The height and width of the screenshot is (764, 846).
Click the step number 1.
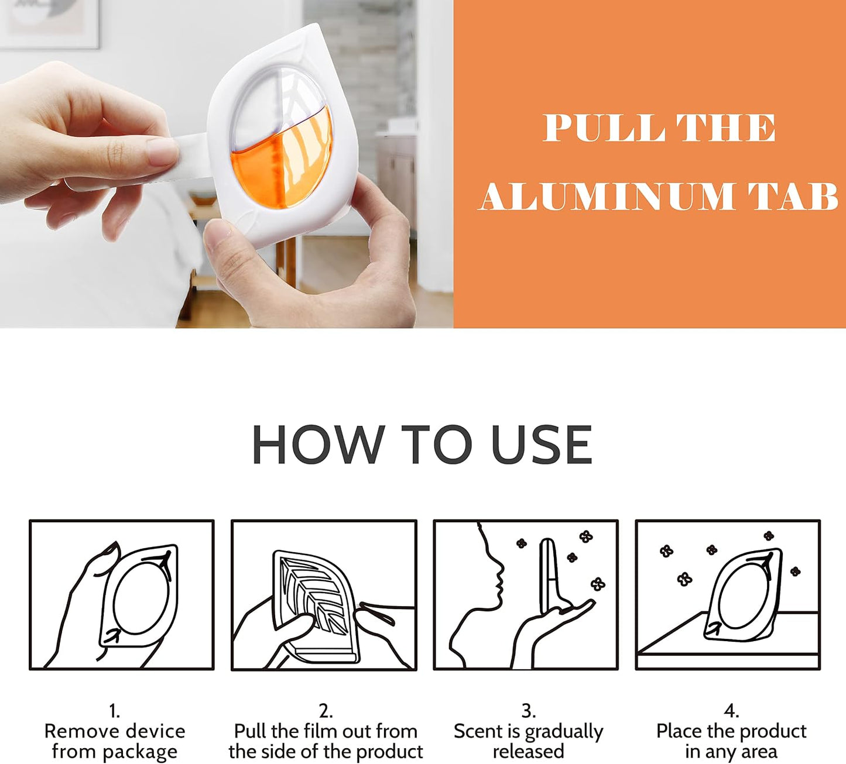click(x=114, y=712)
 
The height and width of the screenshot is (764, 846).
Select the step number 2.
click(x=325, y=712)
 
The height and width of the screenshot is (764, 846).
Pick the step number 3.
click(x=528, y=712)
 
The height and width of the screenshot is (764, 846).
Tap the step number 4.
click(x=731, y=712)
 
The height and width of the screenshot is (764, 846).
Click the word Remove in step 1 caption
click(x=76, y=732)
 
